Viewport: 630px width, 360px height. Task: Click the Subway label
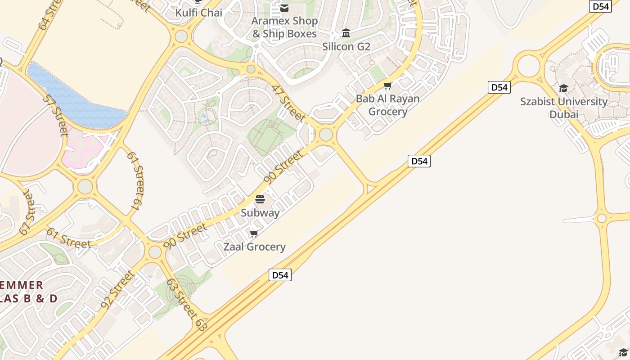tap(260, 213)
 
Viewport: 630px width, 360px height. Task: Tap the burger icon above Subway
tap(260, 199)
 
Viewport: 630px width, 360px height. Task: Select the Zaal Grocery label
tap(254, 247)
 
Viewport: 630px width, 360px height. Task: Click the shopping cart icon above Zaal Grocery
tap(254, 234)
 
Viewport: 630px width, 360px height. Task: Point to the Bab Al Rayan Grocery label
tap(387, 105)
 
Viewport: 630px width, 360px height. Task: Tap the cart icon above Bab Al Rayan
tap(387, 85)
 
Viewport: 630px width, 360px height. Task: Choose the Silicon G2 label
tap(346, 46)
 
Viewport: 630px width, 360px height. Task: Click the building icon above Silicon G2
tap(346, 33)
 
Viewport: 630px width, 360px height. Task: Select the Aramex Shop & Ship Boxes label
tap(284, 27)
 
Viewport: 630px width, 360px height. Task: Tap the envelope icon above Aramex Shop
tap(284, 8)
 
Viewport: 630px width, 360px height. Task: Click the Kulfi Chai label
tap(198, 13)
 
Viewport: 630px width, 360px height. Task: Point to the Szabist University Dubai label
tap(564, 108)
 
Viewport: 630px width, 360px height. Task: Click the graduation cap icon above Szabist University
tap(564, 88)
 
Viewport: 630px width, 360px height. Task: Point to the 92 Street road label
tap(117, 289)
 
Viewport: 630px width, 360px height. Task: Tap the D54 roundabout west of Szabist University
tap(529, 66)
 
